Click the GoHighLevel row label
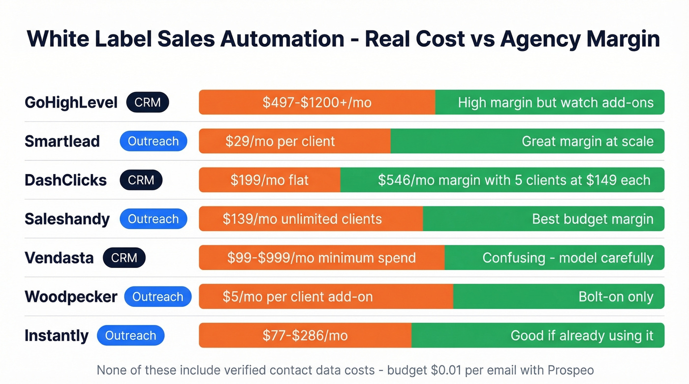[x=71, y=102]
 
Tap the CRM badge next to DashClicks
[x=141, y=180]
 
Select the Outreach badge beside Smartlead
[x=153, y=141]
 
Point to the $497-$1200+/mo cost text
[x=316, y=102]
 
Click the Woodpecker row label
[x=71, y=296]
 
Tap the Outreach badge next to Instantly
[x=130, y=335]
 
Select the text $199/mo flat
[x=269, y=180]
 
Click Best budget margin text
[x=593, y=219]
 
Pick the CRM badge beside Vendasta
[x=124, y=258]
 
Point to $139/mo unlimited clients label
[x=302, y=219]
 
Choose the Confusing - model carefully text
[x=567, y=258]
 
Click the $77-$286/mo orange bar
[x=305, y=335]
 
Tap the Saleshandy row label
[x=67, y=219]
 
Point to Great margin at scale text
[x=587, y=141]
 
